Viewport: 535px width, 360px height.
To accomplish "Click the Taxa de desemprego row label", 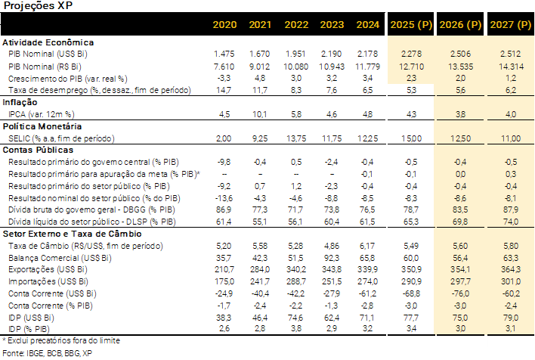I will pos(97,90).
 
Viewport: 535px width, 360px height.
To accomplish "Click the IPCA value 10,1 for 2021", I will pos(260,114).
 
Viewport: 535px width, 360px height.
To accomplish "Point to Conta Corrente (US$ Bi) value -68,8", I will pos(411,293).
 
